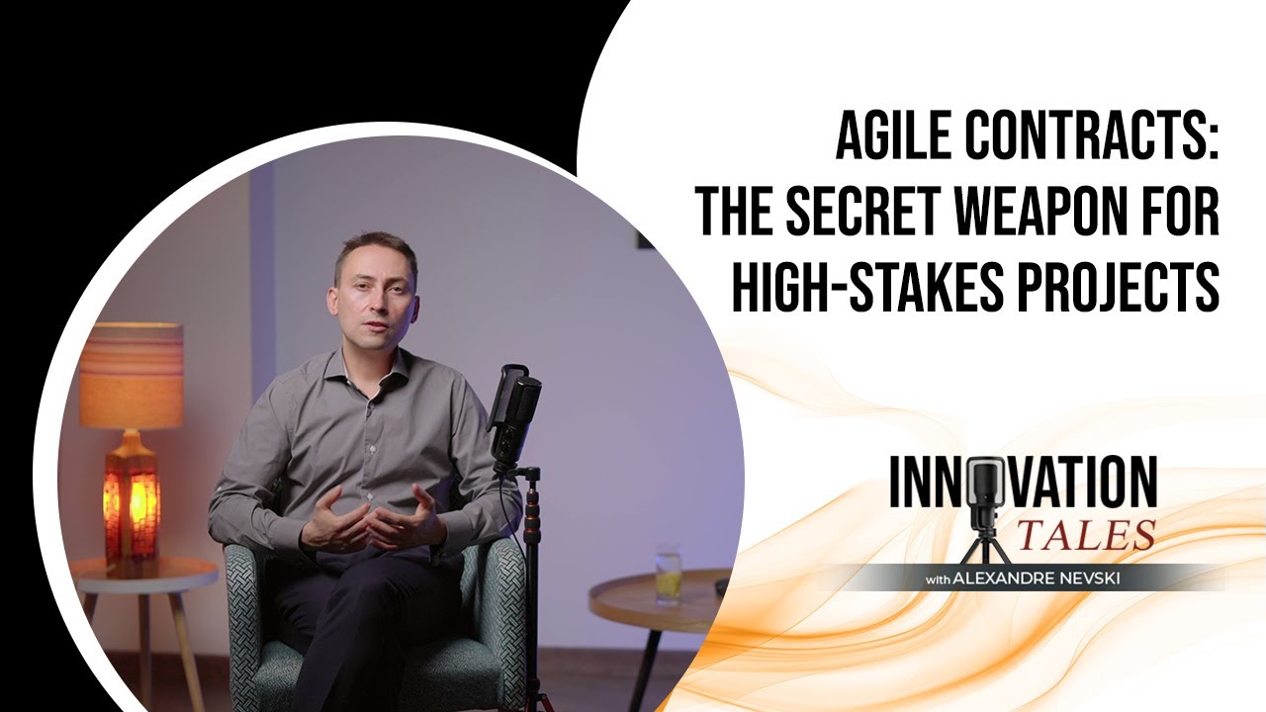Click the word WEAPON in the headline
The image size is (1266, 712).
(x=1076, y=210)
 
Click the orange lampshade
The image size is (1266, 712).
(x=132, y=375)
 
